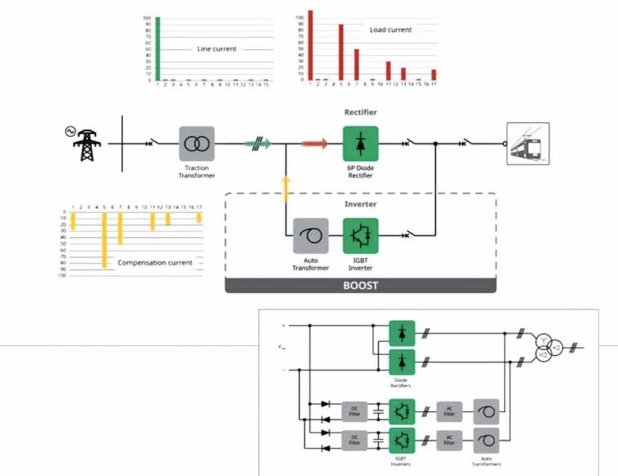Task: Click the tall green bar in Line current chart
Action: tap(158, 49)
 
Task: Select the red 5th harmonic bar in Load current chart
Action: tap(341, 52)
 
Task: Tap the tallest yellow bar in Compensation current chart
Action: tap(104, 240)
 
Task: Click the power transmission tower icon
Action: tap(86, 145)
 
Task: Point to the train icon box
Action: tap(528, 144)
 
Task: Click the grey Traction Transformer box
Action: tap(197, 144)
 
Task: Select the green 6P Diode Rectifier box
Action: tap(360, 144)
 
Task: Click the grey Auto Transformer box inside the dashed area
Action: tap(311, 236)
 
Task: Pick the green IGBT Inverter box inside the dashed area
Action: tap(360, 236)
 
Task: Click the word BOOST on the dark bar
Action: tap(360, 286)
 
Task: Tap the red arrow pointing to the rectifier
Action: tap(315, 144)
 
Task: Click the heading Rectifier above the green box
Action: tap(360, 112)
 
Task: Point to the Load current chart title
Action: tap(391, 30)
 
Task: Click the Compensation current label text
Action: tap(155, 262)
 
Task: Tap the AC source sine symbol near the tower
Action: tap(69, 131)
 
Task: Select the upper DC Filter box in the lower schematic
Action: tap(354, 411)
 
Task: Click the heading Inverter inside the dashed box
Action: tap(360, 204)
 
